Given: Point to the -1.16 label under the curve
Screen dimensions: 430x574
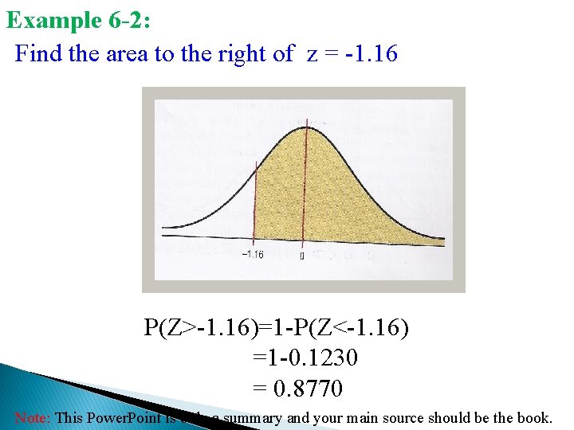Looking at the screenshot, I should (252, 255).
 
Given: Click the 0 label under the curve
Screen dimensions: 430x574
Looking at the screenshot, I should (301, 256).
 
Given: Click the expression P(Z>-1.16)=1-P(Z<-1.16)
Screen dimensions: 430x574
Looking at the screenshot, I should (277, 327).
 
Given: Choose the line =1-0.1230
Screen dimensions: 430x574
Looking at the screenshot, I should (305, 358).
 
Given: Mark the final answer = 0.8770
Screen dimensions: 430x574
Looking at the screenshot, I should (297, 388).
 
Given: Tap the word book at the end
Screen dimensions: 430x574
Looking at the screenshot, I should (533, 417).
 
